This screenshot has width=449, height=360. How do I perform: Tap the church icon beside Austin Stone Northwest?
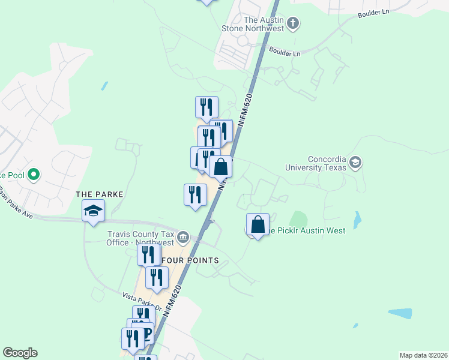293,24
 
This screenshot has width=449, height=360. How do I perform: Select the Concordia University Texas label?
327,163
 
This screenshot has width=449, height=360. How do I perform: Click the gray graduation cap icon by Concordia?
355,163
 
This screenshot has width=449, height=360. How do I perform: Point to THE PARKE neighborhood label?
100,194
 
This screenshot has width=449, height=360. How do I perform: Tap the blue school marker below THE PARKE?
94,211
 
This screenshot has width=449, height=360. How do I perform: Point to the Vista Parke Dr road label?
142,301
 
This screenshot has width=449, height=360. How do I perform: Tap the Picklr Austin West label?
307,230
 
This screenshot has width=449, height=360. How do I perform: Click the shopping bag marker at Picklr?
258,225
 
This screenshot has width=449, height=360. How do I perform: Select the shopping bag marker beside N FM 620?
221,167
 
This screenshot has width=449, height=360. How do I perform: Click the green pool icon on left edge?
34,175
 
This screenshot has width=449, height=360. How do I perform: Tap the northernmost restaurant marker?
206,107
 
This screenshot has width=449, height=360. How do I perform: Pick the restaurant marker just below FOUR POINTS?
157,278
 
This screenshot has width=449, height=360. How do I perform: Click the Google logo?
20,353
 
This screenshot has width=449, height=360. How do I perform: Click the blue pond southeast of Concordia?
358,221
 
